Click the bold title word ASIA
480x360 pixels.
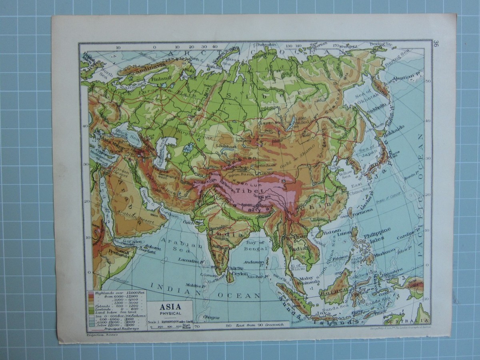[170, 307]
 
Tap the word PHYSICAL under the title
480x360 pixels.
[170, 313]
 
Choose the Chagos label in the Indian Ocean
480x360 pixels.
[211, 317]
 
